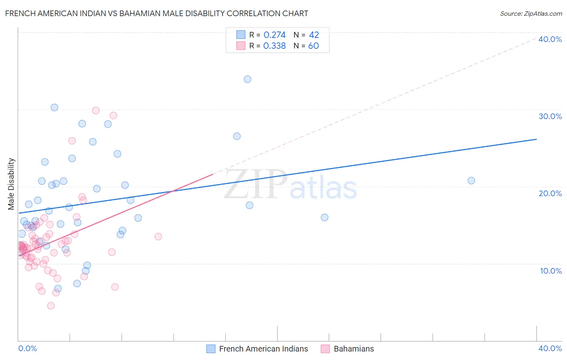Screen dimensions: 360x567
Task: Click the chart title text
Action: coord(156,13)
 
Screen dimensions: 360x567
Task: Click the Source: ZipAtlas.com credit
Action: coord(531,13)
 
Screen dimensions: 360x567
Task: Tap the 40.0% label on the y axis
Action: coord(550,39)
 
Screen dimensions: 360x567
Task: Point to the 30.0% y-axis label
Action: coord(550,116)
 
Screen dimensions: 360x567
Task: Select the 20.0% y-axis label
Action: coord(550,193)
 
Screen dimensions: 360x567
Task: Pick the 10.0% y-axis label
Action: coord(551,271)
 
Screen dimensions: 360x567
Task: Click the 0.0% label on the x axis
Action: coord(27,348)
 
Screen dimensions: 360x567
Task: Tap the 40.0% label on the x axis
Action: coord(550,348)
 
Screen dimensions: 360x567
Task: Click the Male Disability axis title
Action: coord(11,184)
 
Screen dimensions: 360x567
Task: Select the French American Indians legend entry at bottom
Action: coord(263,349)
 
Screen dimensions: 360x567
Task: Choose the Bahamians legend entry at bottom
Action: coord(354,349)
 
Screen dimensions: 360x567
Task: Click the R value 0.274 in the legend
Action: coord(274,35)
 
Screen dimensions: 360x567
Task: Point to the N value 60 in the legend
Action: coord(313,46)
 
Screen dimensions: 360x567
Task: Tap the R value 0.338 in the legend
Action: coord(274,46)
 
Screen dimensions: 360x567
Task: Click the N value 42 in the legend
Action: coord(314,35)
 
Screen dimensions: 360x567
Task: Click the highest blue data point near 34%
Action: coord(248,79)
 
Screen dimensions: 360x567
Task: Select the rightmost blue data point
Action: coord(471,180)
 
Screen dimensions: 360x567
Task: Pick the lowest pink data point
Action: coord(51,306)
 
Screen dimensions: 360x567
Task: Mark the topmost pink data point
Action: coord(96,111)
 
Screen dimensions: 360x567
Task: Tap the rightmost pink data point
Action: coord(158,237)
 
